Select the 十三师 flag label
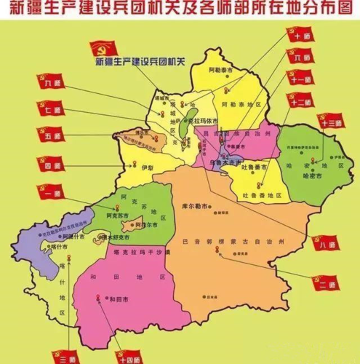(327, 122)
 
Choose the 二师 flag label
(325, 284)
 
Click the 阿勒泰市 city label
(219, 71)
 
